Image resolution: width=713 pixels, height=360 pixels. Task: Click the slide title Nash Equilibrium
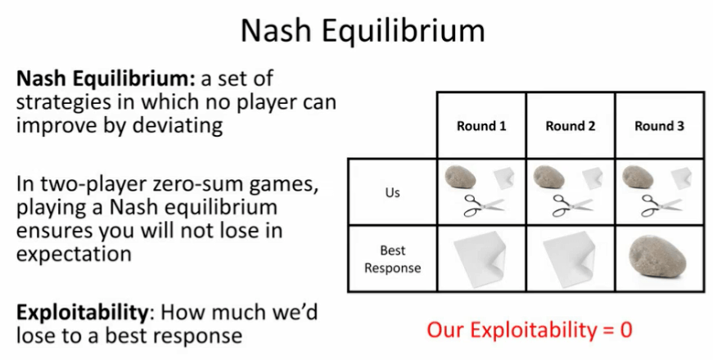[363, 30]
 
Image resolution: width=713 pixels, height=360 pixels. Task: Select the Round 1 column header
[481, 126]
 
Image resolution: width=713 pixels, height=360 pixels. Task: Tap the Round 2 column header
[571, 126]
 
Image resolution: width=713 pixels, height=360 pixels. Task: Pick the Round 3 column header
[659, 126]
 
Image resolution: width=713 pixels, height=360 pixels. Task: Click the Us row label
[392, 192]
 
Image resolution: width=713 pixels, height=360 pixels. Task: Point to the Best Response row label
[392, 259]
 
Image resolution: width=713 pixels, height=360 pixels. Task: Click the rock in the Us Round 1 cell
[460, 177]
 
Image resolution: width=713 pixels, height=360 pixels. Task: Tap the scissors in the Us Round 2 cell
[573, 205]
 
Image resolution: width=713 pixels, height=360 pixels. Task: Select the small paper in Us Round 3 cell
[681, 178]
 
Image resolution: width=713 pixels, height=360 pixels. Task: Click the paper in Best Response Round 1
[480, 259]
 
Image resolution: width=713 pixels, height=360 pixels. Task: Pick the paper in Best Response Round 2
[569, 259]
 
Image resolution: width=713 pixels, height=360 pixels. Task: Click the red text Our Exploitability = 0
[530, 330]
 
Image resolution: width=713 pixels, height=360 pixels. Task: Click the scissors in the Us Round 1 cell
[484, 205]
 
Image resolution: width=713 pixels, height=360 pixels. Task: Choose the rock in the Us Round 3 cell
[638, 177]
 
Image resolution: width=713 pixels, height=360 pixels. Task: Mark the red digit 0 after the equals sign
[626, 330]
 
